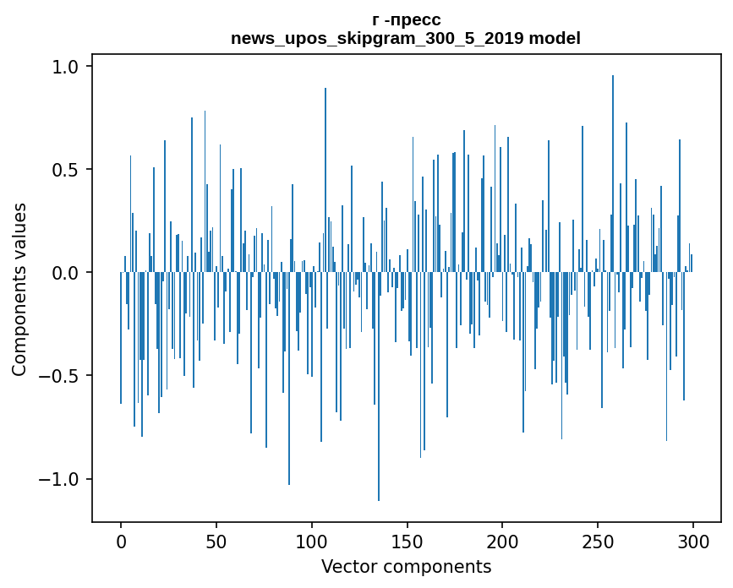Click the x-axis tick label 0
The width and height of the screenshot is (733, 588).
(121, 542)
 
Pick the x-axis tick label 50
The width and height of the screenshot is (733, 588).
(216, 542)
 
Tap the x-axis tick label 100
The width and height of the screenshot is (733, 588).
(312, 542)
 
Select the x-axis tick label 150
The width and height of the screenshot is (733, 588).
(408, 542)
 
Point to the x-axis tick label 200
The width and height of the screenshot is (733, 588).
(503, 542)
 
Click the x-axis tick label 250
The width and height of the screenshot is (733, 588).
(599, 542)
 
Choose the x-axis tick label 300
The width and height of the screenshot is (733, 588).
(694, 542)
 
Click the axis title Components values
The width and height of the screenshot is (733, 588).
(19, 289)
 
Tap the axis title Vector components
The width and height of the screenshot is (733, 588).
(406, 567)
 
